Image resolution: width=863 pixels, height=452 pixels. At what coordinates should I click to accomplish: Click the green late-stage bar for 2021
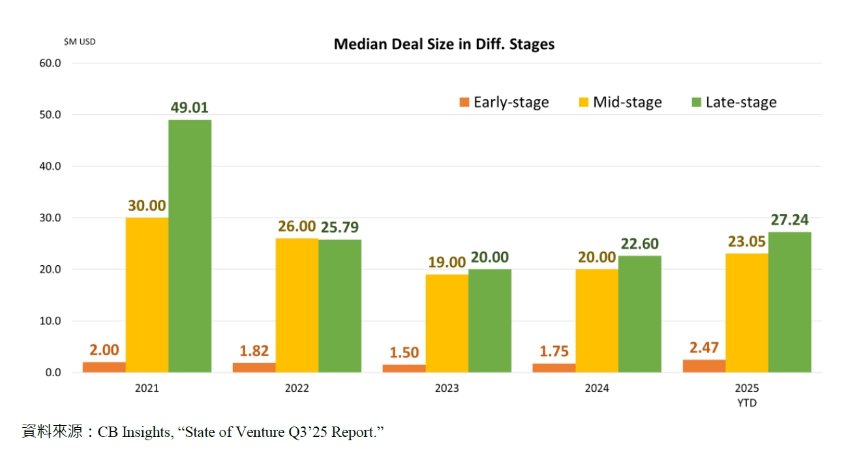click(189, 246)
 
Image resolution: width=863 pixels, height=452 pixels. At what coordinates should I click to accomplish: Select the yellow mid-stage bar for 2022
click(297, 305)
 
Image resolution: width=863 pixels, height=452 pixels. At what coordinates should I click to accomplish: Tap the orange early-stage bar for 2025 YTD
click(704, 366)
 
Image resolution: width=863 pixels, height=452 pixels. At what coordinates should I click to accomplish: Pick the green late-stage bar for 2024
click(639, 314)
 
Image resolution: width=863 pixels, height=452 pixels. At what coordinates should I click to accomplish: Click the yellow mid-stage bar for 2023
click(447, 323)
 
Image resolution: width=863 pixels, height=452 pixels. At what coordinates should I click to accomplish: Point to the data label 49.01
click(189, 108)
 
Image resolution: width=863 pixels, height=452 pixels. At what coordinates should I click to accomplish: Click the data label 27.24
click(789, 220)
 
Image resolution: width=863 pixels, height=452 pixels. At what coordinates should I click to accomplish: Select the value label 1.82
click(254, 351)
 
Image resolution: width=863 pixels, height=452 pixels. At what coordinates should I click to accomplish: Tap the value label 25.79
click(339, 227)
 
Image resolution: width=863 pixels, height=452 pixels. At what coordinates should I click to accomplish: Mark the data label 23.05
click(746, 242)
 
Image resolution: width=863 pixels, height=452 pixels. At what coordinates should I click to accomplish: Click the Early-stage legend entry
click(504, 103)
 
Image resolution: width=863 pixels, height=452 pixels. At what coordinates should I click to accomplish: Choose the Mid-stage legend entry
click(619, 103)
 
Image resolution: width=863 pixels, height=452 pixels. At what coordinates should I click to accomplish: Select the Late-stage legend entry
click(733, 103)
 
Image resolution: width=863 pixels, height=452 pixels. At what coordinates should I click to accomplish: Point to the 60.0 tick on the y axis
click(50, 63)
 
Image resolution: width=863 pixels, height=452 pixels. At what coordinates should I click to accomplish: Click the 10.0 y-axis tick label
click(50, 321)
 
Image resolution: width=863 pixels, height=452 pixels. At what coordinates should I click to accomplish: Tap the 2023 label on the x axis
click(447, 388)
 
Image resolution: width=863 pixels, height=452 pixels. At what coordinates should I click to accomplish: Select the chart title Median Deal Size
click(444, 44)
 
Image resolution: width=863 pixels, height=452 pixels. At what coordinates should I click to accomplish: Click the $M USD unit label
click(80, 42)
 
